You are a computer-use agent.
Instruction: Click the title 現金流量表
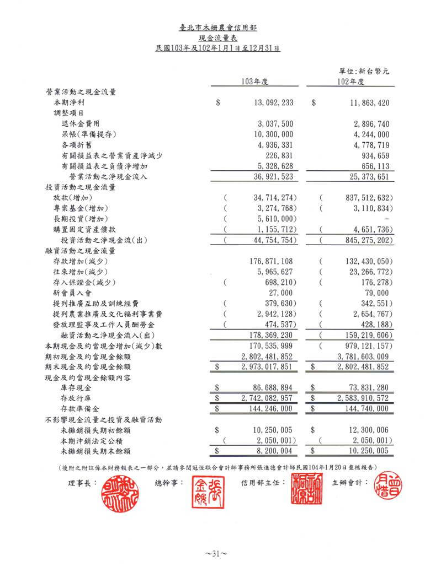(x=212, y=37)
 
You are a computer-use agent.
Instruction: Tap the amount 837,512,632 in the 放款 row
(x=363, y=197)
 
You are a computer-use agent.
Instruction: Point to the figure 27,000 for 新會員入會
(x=280, y=293)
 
